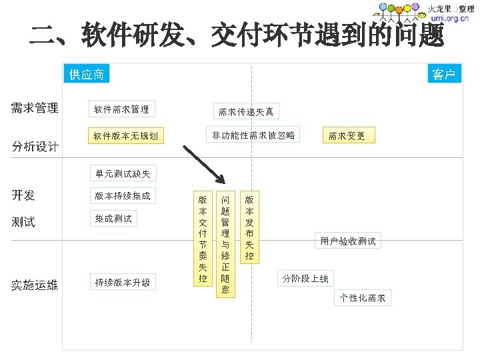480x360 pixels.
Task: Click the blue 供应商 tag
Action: click(87, 75)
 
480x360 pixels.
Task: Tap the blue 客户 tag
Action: click(443, 75)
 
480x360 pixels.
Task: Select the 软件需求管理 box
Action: click(121, 109)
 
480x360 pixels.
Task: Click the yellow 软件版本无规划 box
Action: click(125, 136)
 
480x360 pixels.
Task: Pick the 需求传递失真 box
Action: click(246, 111)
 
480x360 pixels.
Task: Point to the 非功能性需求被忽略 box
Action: click(253, 135)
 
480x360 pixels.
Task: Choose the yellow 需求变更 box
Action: click(347, 136)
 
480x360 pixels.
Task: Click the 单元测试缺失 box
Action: click(123, 174)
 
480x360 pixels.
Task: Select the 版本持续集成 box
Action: click(123, 196)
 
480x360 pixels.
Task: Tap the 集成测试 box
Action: click(113, 218)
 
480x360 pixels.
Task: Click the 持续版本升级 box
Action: click(123, 283)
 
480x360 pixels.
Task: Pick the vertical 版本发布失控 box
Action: click(249, 227)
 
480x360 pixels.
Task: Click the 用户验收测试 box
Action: click(348, 241)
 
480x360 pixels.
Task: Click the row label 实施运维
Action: click(35, 285)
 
